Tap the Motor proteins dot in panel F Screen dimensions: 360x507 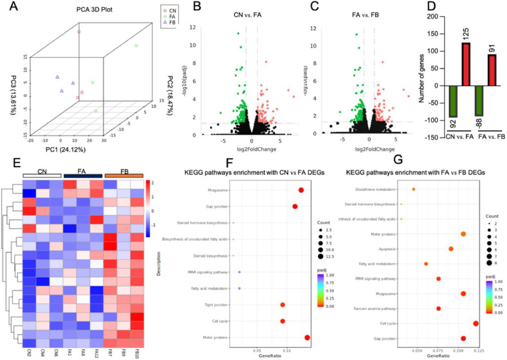[x=308, y=337]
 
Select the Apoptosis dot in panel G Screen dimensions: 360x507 [x=451, y=249]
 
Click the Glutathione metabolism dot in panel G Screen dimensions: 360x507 [x=414, y=189]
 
